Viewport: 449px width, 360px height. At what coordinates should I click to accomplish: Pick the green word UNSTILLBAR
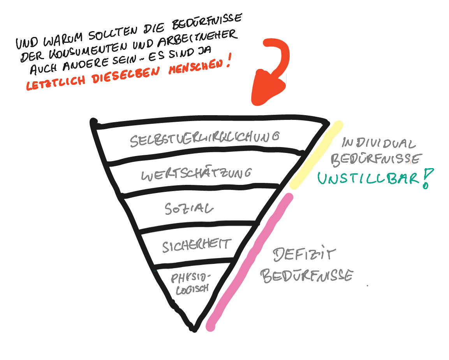tap(368, 179)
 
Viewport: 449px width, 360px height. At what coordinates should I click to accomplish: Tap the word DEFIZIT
tap(304, 255)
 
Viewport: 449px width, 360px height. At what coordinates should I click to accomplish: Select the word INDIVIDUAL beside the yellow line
tap(378, 143)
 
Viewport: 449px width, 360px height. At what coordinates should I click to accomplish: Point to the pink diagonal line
tap(249, 261)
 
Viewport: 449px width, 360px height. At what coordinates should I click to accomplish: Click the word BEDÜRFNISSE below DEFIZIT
tap(307, 276)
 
